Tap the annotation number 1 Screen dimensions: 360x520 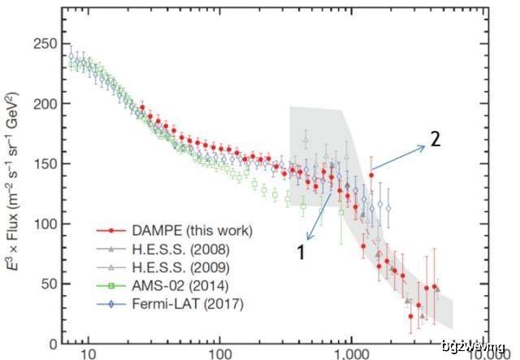point(301,251)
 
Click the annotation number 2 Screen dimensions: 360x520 point(435,139)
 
